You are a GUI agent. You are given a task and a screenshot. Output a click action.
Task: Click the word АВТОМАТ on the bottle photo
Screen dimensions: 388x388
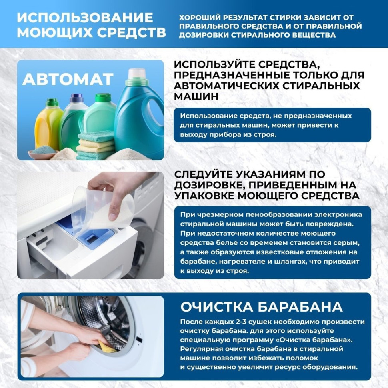pos(68,79)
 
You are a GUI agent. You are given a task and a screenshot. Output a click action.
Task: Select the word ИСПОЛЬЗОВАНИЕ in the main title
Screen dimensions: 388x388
pos(85,18)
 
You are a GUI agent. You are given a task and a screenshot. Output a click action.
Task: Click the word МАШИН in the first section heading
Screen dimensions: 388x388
pos(196,96)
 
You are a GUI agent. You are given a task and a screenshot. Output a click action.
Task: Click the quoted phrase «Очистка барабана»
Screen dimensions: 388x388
pos(306,340)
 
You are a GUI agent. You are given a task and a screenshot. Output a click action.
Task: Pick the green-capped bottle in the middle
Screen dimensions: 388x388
pos(100,116)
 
